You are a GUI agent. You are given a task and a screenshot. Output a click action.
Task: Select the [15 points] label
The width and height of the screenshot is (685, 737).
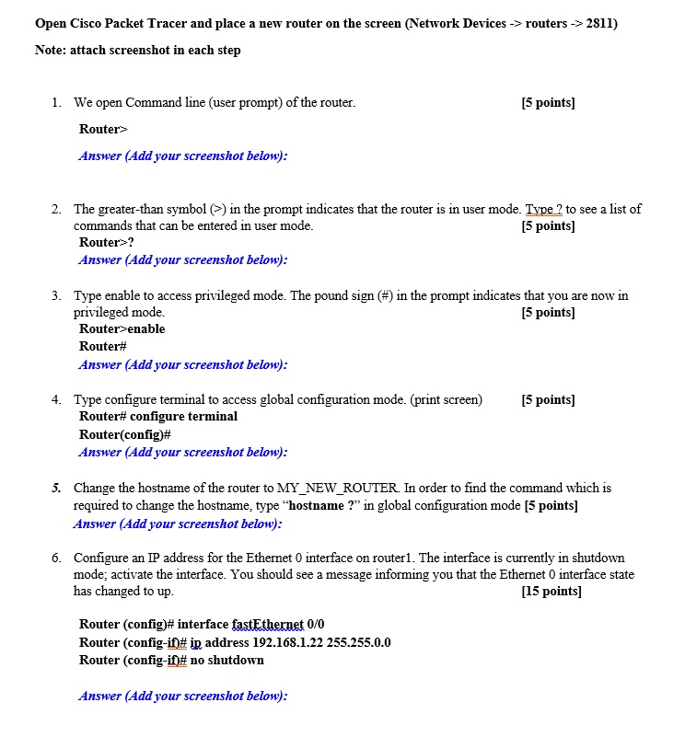[551, 592]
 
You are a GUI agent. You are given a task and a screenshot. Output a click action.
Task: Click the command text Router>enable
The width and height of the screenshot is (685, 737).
[122, 329]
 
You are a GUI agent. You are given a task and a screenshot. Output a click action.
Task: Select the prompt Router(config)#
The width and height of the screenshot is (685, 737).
[125, 434]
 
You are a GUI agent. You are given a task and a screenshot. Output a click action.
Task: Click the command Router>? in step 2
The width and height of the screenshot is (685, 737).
[107, 243]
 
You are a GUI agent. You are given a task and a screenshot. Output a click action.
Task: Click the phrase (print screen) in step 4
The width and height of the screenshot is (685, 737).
[446, 400]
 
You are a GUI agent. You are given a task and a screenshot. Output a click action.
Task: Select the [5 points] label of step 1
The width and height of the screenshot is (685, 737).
[548, 103]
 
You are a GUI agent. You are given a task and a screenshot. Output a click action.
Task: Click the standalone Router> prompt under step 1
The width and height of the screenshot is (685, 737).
[104, 130]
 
